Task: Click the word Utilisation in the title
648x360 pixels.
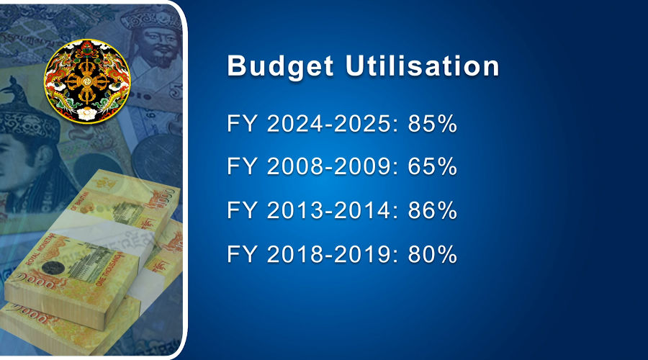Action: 423,66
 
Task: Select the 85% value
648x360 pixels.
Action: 432,124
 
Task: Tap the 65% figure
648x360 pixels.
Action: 432,166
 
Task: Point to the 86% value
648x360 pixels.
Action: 432,210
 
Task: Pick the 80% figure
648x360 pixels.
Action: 432,253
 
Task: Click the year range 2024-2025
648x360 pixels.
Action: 328,124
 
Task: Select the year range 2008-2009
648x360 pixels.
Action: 328,166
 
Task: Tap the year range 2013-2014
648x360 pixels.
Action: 328,210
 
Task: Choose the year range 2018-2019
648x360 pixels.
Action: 328,253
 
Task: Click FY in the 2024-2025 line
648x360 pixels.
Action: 242,124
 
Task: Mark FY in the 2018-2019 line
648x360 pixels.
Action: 242,253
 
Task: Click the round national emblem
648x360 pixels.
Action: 87,81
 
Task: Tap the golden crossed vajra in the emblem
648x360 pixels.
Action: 86,81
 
